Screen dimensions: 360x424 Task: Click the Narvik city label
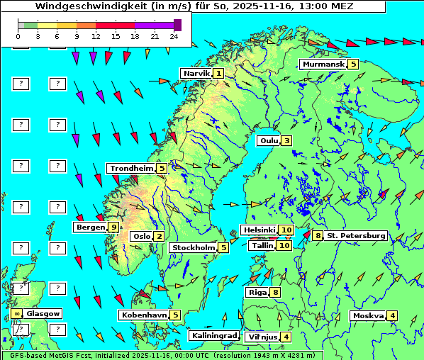coord(196,73)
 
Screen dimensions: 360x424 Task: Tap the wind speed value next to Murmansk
coord(353,64)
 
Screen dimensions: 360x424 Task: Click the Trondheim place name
coord(131,168)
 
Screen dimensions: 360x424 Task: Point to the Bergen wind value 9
coord(113,227)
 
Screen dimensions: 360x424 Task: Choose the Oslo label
coord(141,236)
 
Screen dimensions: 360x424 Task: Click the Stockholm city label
coord(193,247)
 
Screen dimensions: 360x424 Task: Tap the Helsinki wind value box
coord(286,230)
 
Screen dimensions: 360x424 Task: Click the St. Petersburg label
coord(356,235)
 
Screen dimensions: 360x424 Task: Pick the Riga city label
coord(256,292)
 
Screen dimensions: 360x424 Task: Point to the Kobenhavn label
coord(144,315)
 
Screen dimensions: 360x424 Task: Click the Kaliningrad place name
coord(213,335)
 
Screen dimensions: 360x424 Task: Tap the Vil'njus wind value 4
coord(286,337)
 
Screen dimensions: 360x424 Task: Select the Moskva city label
coord(368,315)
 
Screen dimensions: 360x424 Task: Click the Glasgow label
coord(43,313)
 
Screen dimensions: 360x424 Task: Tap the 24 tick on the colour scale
coord(174,35)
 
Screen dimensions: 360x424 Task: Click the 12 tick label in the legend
coord(96,35)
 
